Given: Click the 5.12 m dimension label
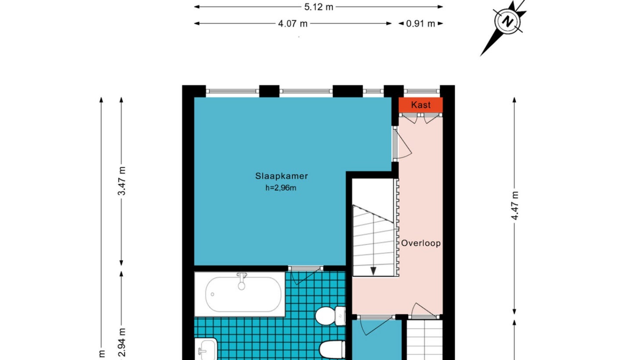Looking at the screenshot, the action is click(319, 7).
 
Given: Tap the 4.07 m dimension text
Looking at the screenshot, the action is click(293, 24).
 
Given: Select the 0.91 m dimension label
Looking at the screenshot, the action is click(420, 24).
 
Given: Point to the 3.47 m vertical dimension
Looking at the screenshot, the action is click(122, 181).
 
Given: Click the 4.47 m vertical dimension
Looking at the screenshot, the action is click(515, 205).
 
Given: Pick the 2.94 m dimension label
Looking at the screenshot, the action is click(122, 342).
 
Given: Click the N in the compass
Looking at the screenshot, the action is click(508, 22).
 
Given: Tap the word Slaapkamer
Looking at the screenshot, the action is click(281, 176).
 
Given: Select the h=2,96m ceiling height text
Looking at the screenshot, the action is click(281, 188).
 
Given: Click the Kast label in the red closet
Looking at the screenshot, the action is click(420, 105).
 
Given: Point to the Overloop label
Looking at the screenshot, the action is click(420, 243).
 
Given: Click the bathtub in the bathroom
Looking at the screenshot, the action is click(240, 294).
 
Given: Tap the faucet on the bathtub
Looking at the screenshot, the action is click(241, 281).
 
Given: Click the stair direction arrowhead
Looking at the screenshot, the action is click(373, 271).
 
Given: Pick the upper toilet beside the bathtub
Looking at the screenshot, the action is click(330, 316).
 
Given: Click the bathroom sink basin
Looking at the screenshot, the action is click(206, 349).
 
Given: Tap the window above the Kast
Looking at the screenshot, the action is click(422, 91).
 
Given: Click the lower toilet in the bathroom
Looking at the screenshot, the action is click(332, 349).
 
